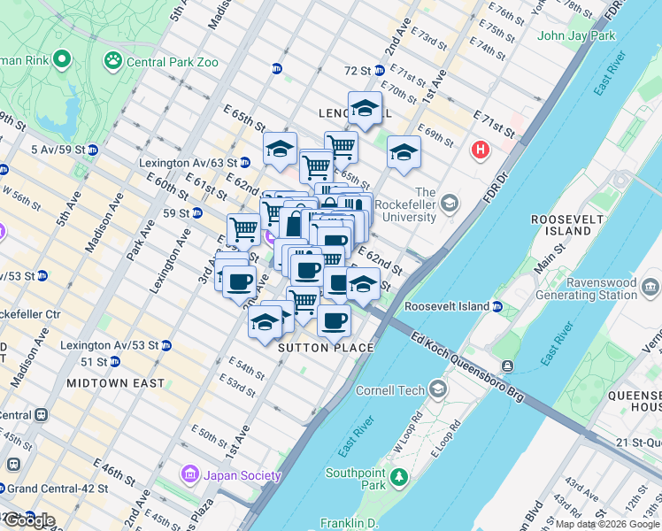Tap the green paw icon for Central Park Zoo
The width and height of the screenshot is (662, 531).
coord(113,61)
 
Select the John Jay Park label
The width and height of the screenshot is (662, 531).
coord(576,36)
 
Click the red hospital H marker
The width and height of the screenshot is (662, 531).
coord(481,150)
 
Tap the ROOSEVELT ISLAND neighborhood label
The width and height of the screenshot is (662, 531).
coord(560,225)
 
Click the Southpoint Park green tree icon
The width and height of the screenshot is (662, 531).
coord(398,479)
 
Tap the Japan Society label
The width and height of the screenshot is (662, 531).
coord(242,475)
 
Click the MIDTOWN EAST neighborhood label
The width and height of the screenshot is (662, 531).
coord(115,383)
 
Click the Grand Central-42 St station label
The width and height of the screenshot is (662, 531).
coord(58,489)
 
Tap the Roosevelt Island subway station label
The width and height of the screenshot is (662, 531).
coord(447,306)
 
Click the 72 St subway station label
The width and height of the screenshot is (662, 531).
coord(358,70)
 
